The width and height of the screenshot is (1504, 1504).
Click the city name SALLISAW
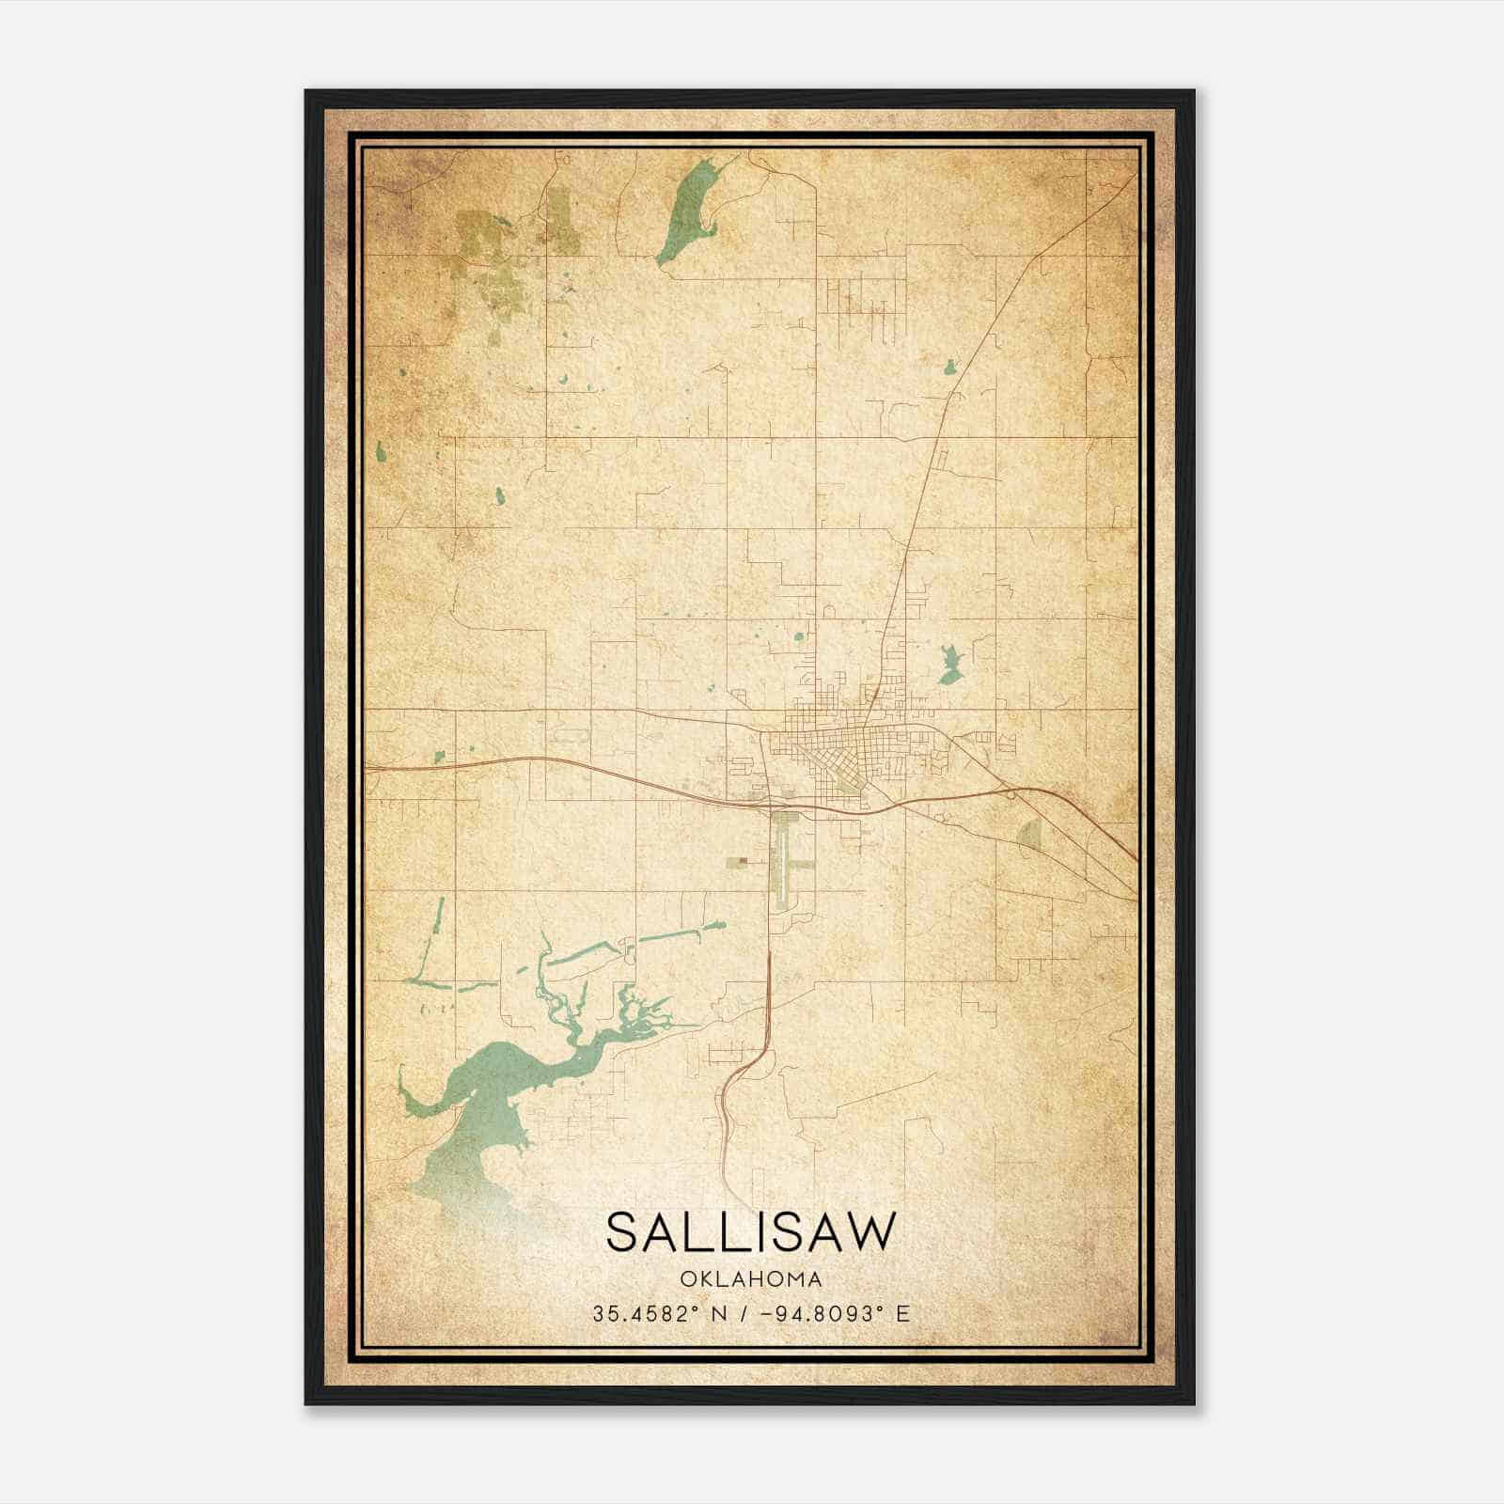751,1231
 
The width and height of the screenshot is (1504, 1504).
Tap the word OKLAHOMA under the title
751,1279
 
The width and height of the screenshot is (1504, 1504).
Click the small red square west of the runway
743,858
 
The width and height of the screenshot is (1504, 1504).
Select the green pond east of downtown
949,666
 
